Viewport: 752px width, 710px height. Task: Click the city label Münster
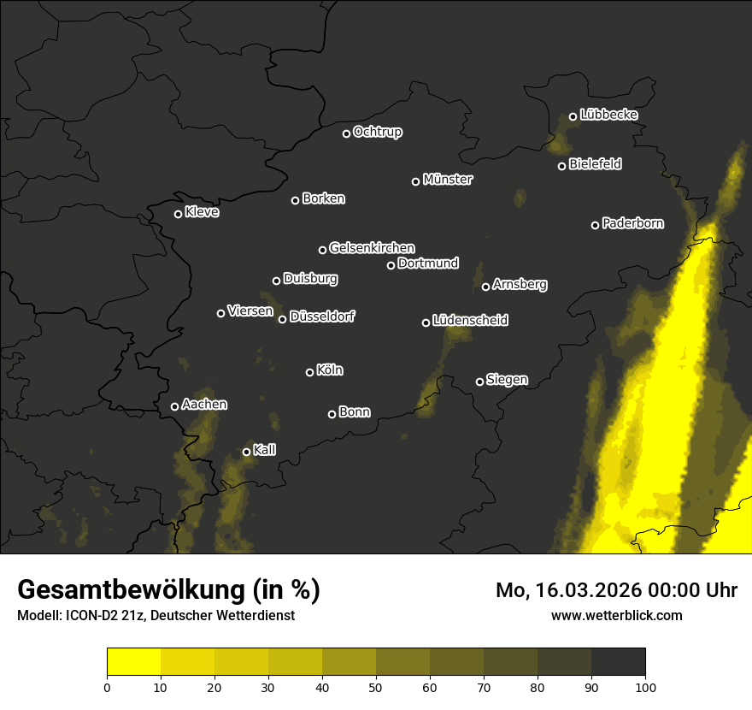click(x=448, y=180)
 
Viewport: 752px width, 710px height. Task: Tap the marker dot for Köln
click(x=309, y=372)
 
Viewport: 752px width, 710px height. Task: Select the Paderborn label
click(x=633, y=223)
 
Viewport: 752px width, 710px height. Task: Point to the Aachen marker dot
click(x=174, y=406)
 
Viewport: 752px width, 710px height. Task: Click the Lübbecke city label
click(x=609, y=115)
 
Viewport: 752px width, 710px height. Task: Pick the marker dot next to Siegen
click(x=479, y=382)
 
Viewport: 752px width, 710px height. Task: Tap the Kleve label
click(x=203, y=212)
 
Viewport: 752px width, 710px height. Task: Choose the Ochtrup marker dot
click(x=346, y=133)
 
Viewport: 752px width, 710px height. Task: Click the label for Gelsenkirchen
click(x=373, y=248)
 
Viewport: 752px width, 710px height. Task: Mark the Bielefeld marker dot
click(x=561, y=166)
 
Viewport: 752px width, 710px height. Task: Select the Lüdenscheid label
click(x=471, y=321)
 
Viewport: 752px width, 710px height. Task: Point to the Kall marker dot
click(x=246, y=452)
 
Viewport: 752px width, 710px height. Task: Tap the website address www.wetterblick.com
click(x=617, y=615)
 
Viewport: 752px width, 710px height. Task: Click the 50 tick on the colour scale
click(x=376, y=687)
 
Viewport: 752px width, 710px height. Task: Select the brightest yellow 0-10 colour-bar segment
click(x=133, y=662)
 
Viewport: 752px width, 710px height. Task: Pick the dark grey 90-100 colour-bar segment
click(x=618, y=662)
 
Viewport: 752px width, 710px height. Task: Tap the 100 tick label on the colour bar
click(x=645, y=687)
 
